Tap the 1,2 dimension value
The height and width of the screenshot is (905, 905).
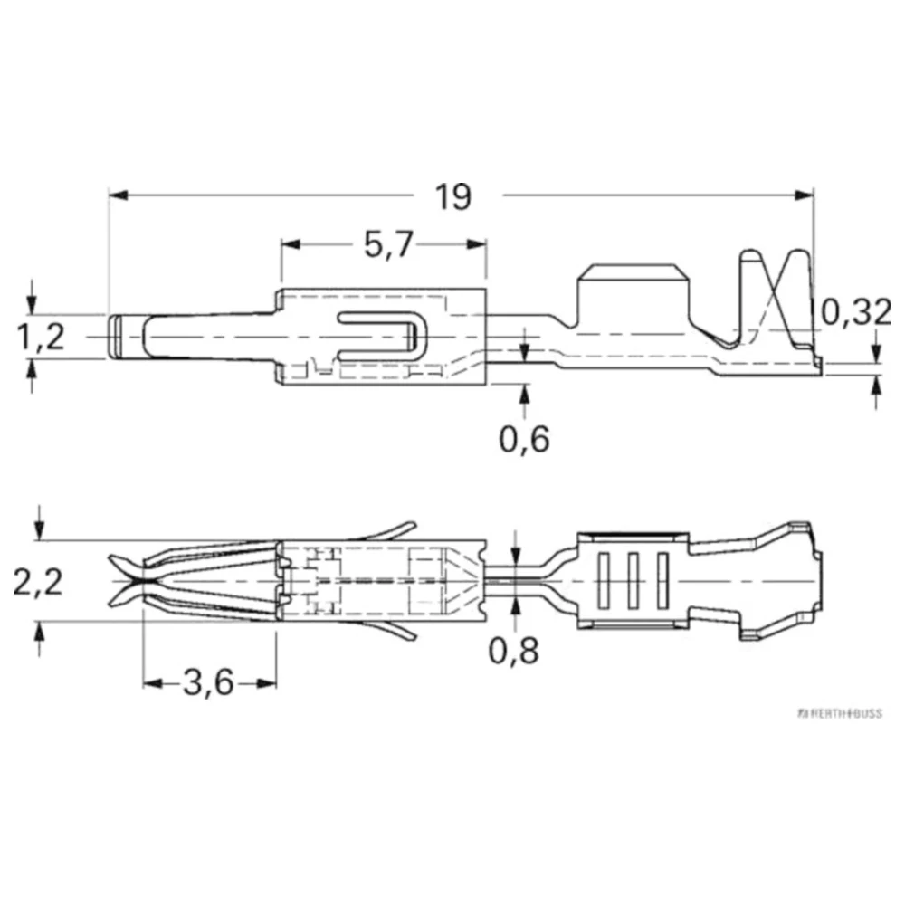[41, 337]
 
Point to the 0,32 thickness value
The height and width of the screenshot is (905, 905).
[856, 312]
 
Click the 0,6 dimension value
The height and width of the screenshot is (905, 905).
[524, 439]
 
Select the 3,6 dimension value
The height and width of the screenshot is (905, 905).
[208, 683]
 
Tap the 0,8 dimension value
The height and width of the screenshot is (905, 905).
[515, 650]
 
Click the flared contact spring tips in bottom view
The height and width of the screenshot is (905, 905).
[126, 580]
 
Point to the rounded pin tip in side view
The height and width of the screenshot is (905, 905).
[117, 337]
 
